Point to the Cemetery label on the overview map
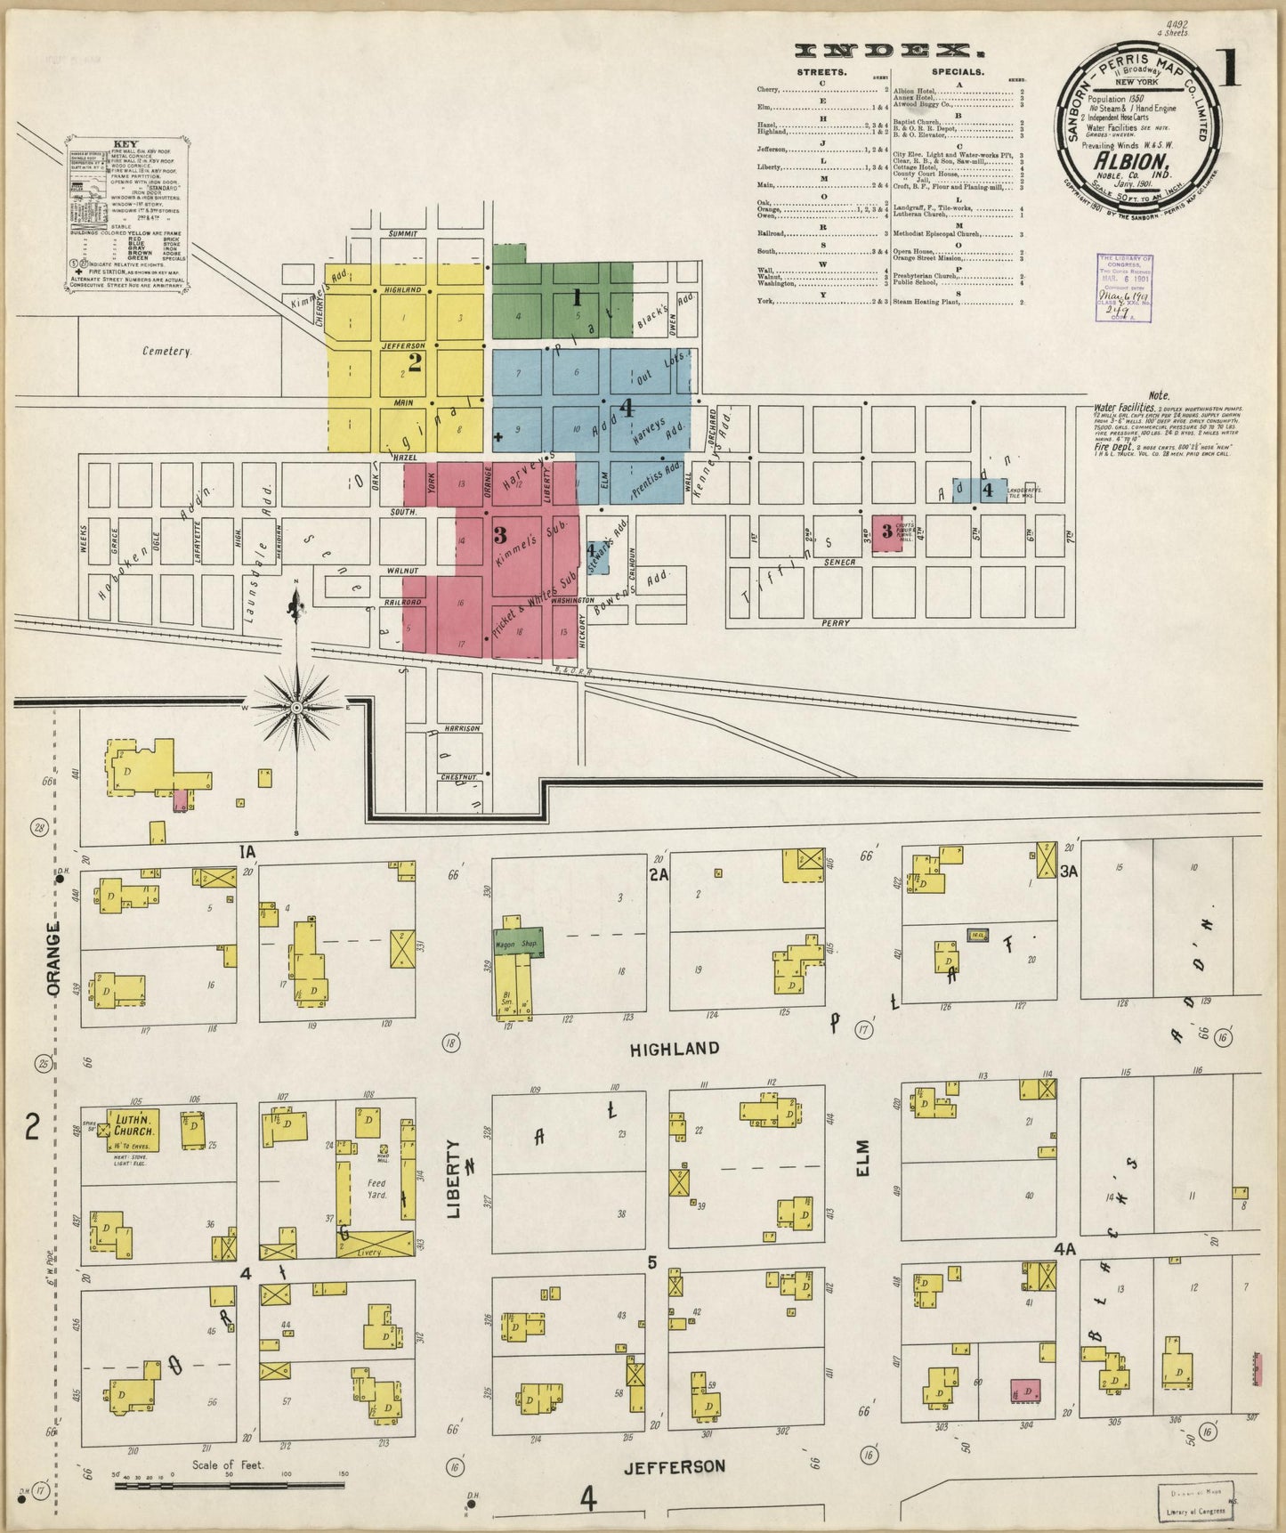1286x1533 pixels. pos(167,352)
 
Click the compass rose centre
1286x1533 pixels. pos(295,707)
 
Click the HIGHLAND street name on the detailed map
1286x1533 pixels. pos(686,1049)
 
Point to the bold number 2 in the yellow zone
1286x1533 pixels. pos(414,361)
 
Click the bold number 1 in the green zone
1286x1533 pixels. pos(577,296)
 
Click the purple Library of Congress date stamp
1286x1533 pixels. pos(1125,285)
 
